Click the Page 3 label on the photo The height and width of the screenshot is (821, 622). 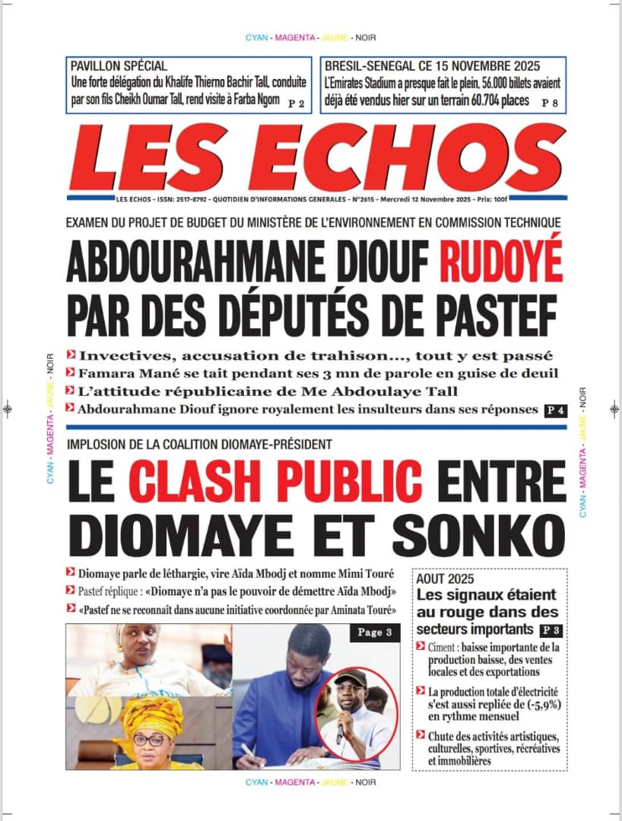pyautogui.click(x=375, y=633)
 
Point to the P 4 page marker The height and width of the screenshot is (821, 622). pyautogui.click(x=555, y=410)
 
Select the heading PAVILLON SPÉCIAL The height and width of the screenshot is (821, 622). pyautogui.click(x=119, y=66)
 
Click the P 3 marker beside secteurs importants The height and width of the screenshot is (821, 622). pyautogui.click(x=548, y=630)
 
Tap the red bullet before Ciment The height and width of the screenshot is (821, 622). pyautogui.click(x=420, y=646)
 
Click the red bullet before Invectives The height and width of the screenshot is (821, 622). pyautogui.click(x=71, y=354)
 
